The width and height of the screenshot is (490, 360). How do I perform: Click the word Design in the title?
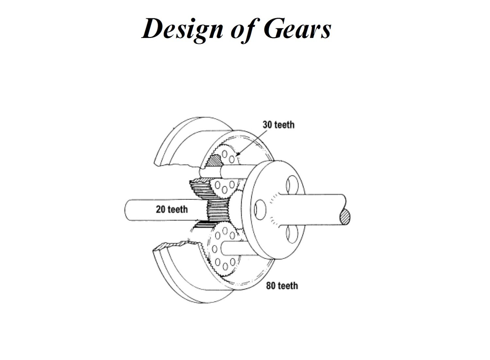[x=182, y=29]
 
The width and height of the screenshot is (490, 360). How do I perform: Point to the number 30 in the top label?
[x=268, y=125]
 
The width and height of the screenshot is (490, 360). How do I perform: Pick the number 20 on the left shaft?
[x=161, y=209]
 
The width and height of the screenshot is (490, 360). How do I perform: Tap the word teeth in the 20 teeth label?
[x=178, y=209]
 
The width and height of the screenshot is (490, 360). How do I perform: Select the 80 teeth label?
[x=282, y=286]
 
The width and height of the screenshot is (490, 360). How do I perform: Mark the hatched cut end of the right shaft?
[x=345, y=216]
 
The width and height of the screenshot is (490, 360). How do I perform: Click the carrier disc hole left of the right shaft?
[x=260, y=210]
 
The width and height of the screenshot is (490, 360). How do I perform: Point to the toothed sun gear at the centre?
[x=218, y=211]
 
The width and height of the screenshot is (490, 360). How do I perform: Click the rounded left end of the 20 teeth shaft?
[x=125, y=210]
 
